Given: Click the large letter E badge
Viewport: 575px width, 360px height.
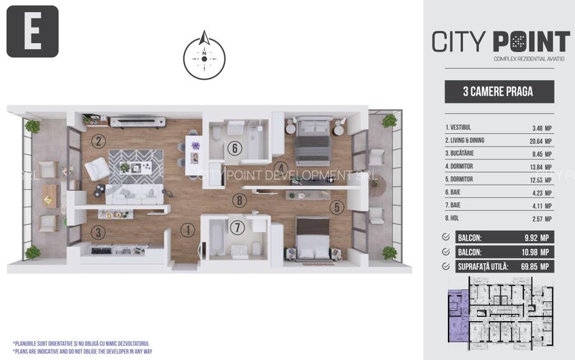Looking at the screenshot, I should (x=32, y=31).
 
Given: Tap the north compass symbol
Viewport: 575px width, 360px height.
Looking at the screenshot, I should (x=204, y=58).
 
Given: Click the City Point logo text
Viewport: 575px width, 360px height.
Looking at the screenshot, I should (x=500, y=42).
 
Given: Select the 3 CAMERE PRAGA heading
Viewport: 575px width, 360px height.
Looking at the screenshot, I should (x=498, y=91).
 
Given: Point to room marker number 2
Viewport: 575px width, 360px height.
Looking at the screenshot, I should (x=97, y=141).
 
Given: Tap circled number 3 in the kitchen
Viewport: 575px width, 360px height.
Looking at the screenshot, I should (x=97, y=233).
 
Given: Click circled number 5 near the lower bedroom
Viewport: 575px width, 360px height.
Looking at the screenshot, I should (x=337, y=207).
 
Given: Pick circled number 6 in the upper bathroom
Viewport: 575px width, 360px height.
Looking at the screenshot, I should (x=235, y=148).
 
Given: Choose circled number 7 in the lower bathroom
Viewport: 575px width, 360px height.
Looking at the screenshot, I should (x=237, y=227).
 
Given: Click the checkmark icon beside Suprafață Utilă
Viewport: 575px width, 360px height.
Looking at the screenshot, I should (x=445, y=266).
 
